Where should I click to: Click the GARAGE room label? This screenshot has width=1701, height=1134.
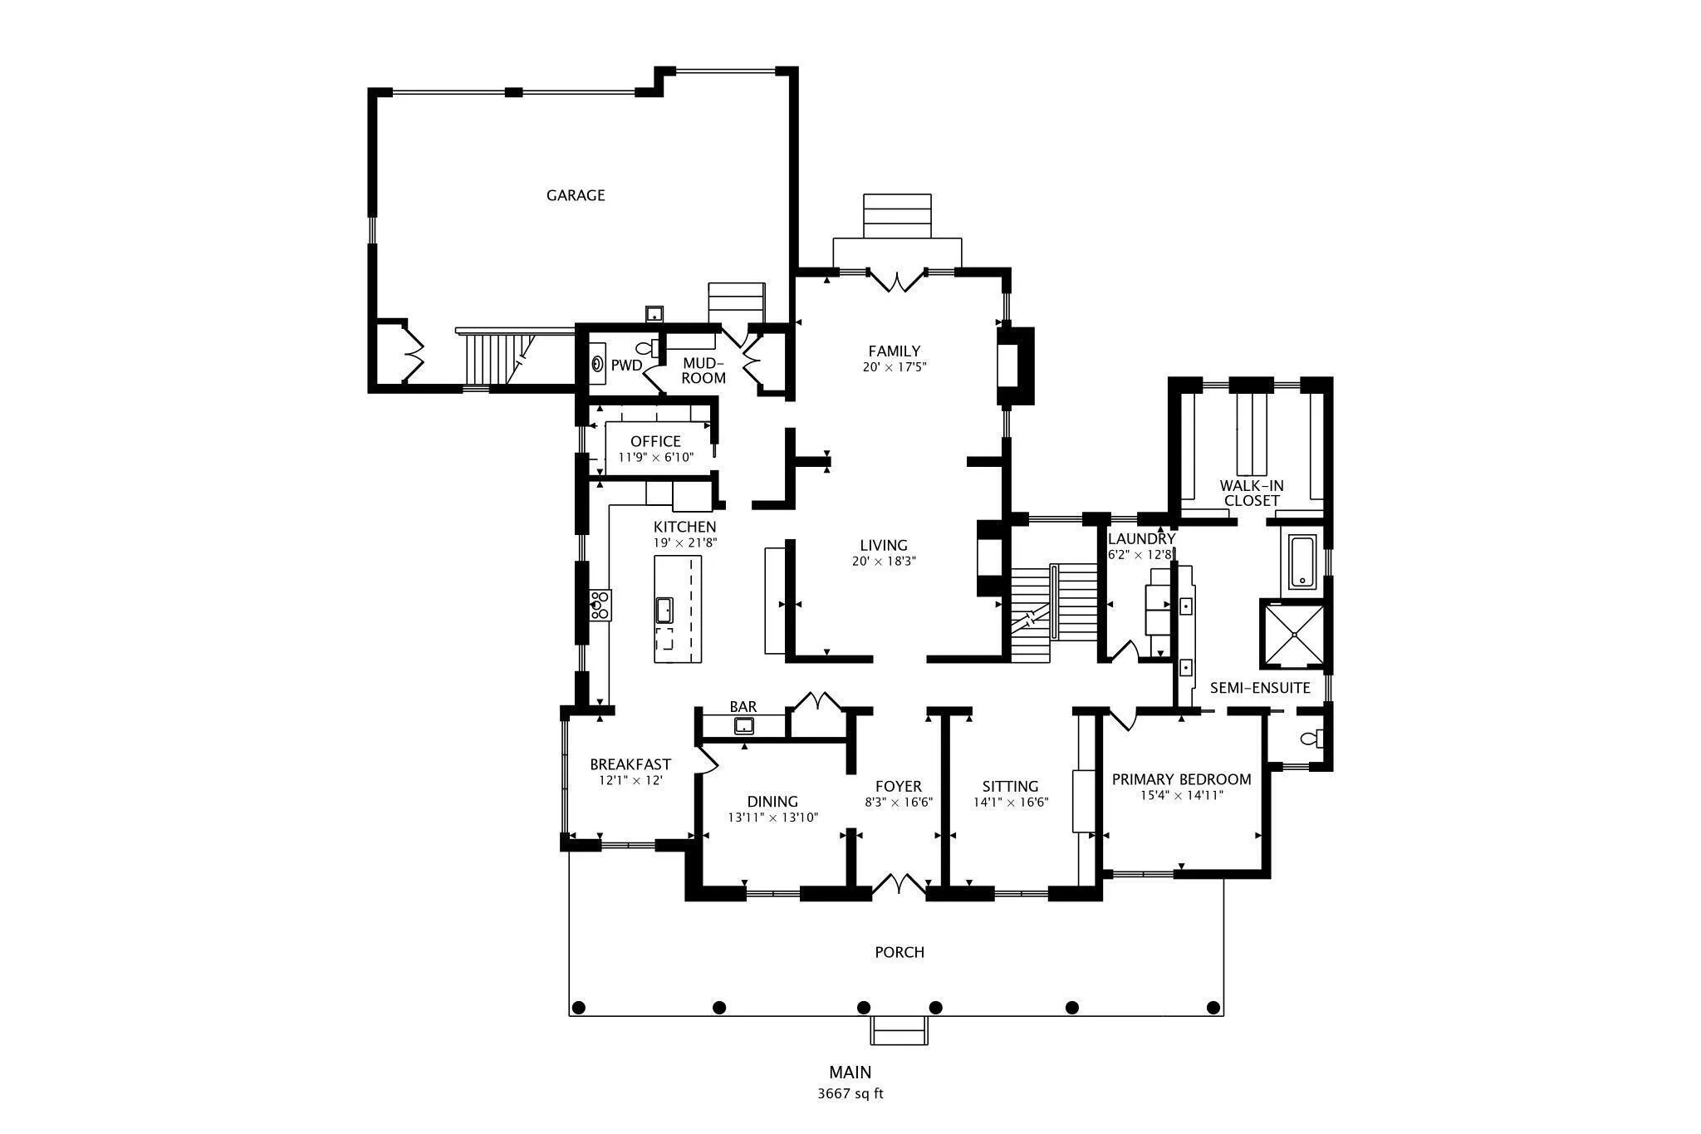pos(576,195)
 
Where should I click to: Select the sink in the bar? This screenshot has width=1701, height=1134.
pos(744,726)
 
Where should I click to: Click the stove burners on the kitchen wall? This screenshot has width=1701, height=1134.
pos(600,605)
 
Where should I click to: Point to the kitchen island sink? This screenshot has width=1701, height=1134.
pos(664,610)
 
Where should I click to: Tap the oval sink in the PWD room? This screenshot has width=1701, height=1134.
pos(597,364)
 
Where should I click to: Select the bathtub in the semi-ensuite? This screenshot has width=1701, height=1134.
pos(1302,562)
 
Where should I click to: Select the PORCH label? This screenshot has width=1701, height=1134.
pos(900,952)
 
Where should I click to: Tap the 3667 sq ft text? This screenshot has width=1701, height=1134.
pos(850,1094)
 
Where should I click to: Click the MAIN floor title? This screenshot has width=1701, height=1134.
pos(850,1073)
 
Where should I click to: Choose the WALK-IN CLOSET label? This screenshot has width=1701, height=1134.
pos(1252,493)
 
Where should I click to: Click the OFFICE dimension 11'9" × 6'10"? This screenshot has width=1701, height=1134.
pos(655,457)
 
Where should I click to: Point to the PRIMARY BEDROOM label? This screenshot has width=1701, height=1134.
pos(1182,779)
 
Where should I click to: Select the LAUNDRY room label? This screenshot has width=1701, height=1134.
pos(1142,539)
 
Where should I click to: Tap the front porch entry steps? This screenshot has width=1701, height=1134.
pos(900,1030)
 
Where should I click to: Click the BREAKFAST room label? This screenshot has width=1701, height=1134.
pos(630,764)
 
